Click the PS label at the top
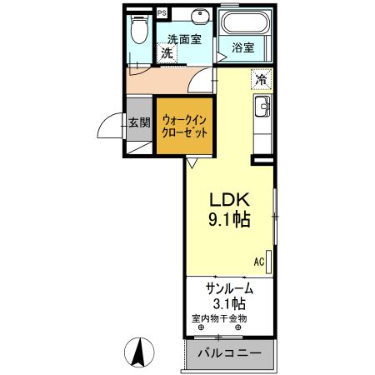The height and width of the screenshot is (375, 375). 161,14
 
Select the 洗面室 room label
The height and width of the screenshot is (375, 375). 183,38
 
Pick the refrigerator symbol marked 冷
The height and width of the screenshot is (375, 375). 261,81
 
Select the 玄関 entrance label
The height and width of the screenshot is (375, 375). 139,122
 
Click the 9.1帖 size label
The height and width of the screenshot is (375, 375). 229,221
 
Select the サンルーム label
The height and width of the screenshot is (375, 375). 229,287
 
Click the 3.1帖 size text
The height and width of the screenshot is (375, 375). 229,303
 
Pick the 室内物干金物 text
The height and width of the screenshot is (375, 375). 219,318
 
